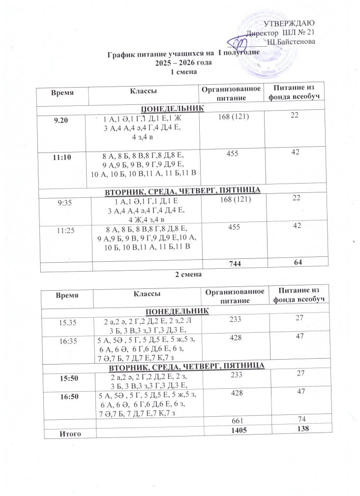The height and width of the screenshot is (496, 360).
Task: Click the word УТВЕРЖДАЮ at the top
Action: pos(290,24)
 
